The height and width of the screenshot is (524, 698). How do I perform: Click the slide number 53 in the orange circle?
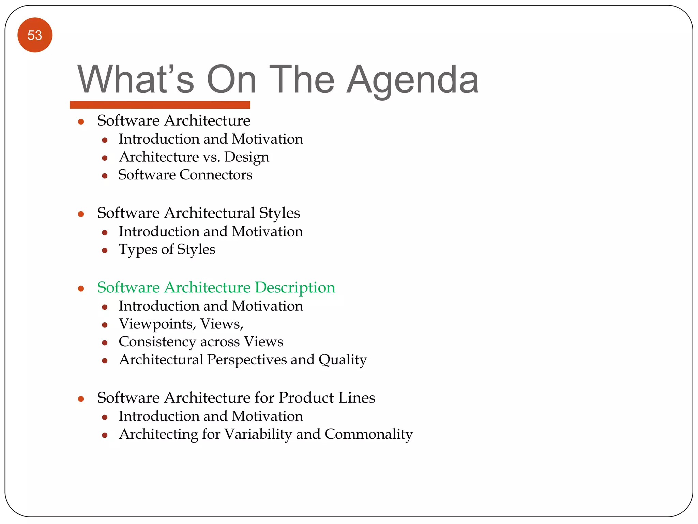click(x=35, y=35)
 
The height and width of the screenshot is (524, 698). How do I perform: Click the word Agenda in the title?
click(x=412, y=80)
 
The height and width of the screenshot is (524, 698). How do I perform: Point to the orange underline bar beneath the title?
click(x=160, y=105)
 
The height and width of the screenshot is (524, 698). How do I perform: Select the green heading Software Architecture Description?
click(x=216, y=287)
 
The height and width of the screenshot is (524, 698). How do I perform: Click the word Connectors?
click(x=216, y=175)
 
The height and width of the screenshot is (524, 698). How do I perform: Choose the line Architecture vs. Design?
click(x=194, y=157)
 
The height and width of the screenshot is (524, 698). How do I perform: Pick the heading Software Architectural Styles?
click(x=198, y=213)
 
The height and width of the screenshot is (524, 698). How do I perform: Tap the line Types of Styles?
click(x=167, y=249)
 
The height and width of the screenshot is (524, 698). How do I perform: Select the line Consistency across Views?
click(x=201, y=342)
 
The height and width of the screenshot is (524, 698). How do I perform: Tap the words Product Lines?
click(x=327, y=398)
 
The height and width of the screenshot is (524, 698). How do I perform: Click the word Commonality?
click(x=368, y=434)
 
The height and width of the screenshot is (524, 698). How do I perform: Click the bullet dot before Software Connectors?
click(x=105, y=176)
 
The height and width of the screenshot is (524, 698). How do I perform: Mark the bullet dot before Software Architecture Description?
click(x=81, y=289)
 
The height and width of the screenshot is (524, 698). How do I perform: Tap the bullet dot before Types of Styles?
click(x=105, y=251)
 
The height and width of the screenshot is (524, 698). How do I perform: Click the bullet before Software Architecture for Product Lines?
click(x=81, y=399)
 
